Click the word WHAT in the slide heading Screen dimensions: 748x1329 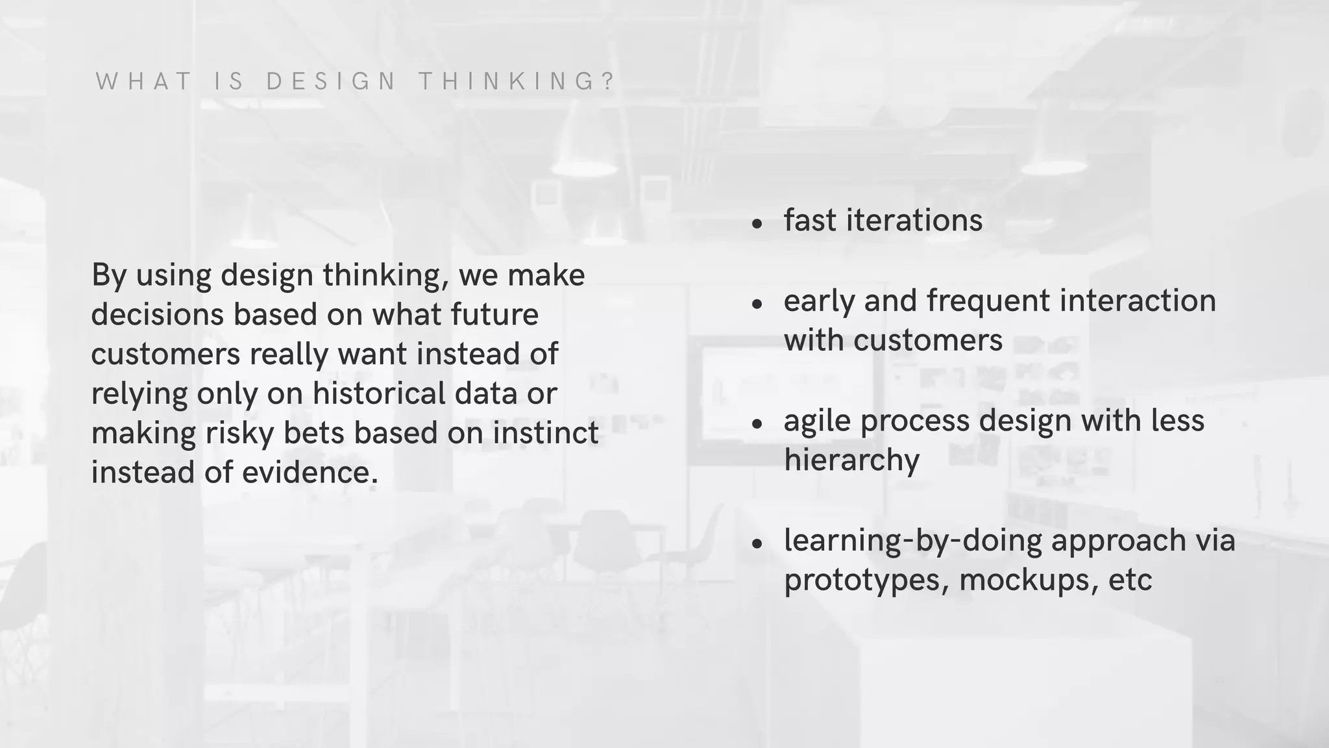(144, 82)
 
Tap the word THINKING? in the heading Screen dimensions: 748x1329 (517, 82)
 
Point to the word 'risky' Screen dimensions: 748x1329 (240, 433)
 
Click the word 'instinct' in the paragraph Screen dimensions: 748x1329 (546, 433)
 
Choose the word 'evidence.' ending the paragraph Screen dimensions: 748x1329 (310, 473)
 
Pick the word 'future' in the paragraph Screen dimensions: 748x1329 (494, 314)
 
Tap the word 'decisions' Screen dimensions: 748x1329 (157, 314)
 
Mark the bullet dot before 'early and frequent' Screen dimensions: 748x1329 (757, 304)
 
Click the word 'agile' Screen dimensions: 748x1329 (818, 421)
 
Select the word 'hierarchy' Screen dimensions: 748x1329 (851, 460)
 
